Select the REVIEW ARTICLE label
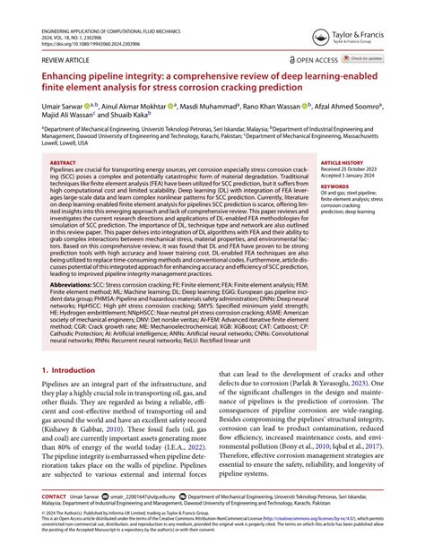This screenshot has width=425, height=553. coord(65,60)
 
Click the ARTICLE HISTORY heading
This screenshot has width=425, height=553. coord(343,163)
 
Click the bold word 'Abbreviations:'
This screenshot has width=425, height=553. coord(73,285)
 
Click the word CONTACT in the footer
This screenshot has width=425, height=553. coord(54,520)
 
